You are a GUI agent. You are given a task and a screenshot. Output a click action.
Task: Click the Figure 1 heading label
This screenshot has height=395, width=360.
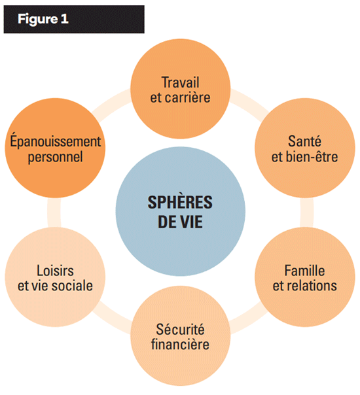point(43,19)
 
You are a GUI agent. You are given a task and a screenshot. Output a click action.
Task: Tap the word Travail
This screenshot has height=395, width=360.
point(180,82)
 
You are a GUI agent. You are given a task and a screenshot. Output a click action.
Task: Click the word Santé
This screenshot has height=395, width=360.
point(304,141)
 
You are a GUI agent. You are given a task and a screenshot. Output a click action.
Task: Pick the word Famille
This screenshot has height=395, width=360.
point(304,271)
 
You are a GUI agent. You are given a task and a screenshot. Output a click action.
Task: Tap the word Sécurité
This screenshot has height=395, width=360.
point(180,329)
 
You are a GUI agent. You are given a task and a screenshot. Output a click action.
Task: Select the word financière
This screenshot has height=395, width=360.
point(180,345)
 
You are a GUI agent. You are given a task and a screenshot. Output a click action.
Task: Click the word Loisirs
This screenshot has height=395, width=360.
point(55,271)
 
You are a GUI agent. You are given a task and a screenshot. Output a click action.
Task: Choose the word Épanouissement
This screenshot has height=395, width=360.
point(56,141)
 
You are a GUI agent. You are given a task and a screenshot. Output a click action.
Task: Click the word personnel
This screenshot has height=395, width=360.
point(55,157)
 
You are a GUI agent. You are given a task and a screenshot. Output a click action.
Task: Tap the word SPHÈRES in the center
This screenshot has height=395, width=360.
point(180,202)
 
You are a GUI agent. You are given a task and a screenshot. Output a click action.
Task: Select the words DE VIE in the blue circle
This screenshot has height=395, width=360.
point(180,222)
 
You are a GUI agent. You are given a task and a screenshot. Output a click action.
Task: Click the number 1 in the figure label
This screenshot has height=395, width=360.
point(65,19)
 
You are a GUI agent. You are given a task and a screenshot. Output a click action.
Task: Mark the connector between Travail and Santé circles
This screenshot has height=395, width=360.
point(249,102)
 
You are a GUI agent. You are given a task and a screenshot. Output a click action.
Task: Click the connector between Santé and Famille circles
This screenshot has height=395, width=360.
point(307,213)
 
